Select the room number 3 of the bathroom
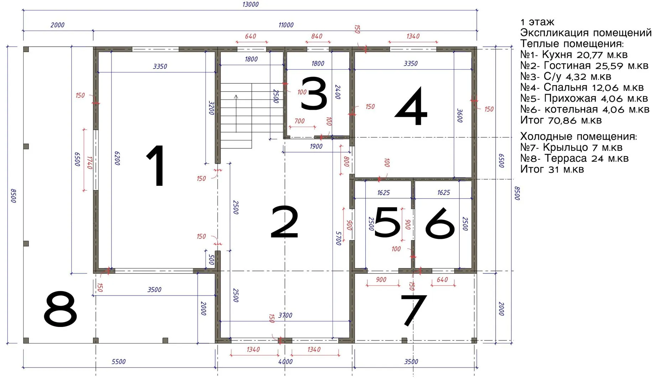(x=314, y=94)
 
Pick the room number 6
(x=440, y=223)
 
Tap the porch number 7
(x=413, y=310)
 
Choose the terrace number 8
(x=60, y=309)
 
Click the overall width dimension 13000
(x=250, y=4)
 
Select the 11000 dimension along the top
(x=286, y=25)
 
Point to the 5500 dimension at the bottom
(x=119, y=361)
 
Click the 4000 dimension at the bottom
(x=285, y=361)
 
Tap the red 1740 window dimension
(x=89, y=163)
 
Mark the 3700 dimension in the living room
(x=285, y=315)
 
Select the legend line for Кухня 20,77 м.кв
(x=574, y=55)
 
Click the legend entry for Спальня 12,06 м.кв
(x=582, y=87)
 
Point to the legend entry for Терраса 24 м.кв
(x=574, y=158)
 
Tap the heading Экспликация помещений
(x=586, y=33)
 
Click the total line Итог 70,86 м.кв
(x=561, y=120)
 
